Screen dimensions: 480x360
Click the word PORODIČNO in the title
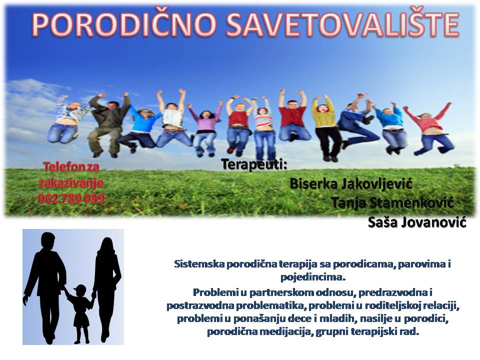coord(124,24)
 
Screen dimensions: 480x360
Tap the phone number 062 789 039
coord(71,198)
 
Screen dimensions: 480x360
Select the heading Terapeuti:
coord(254,164)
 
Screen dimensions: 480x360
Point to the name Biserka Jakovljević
coord(351,184)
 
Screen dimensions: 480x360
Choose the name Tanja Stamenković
coord(392,202)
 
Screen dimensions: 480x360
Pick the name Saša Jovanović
coord(417,222)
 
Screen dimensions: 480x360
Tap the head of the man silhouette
coord(48,240)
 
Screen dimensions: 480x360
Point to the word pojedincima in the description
coord(313,277)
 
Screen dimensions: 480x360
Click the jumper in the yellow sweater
coord(325,127)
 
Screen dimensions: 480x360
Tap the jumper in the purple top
coord(204,128)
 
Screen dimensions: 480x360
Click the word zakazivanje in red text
coord(71,183)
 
